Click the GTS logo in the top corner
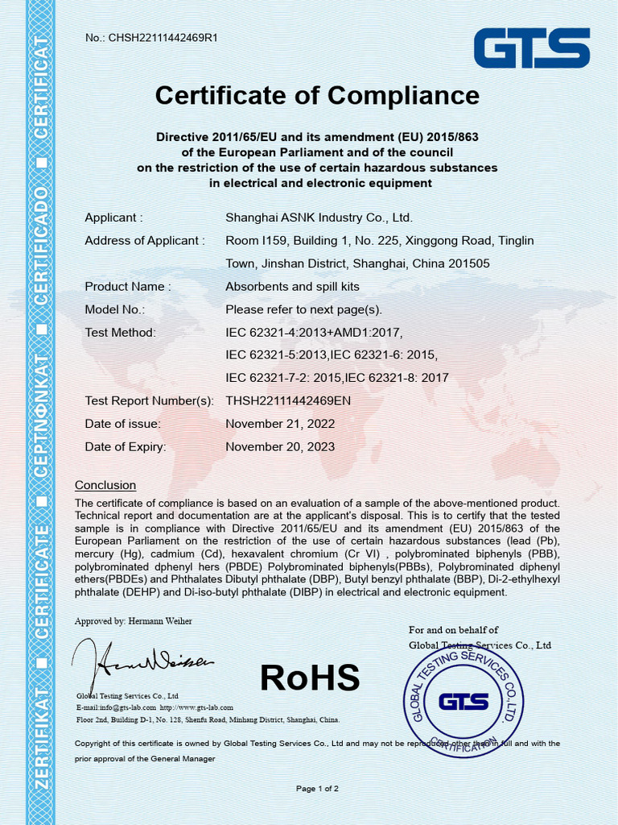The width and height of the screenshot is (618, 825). pyautogui.click(x=531, y=48)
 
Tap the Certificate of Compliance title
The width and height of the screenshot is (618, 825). pyautogui.click(x=317, y=96)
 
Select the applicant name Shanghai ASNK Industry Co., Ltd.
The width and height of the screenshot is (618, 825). pyautogui.click(x=319, y=218)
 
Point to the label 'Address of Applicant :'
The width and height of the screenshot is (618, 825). pyautogui.click(x=145, y=240)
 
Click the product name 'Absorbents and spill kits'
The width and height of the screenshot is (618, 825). pyautogui.click(x=292, y=287)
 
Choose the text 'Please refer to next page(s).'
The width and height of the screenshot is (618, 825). pyautogui.click(x=303, y=309)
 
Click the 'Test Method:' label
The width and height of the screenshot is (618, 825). pyautogui.click(x=120, y=332)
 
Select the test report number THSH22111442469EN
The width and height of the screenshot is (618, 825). pyautogui.click(x=288, y=400)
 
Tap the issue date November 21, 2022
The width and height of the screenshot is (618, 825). pyautogui.click(x=280, y=424)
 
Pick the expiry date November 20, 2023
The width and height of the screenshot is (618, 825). pyautogui.click(x=280, y=446)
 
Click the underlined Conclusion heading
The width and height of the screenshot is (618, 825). pyautogui.click(x=105, y=485)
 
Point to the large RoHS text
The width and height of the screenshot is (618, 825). pyautogui.click(x=310, y=678)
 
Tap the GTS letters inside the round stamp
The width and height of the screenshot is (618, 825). pyautogui.click(x=463, y=702)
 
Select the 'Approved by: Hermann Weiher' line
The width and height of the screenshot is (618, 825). pyautogui.click(x=134, y=621)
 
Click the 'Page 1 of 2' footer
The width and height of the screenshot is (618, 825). pyautogui.click(x=317, y=788)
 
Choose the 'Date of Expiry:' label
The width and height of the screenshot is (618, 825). pyautogui.click(x=125, y=446)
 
